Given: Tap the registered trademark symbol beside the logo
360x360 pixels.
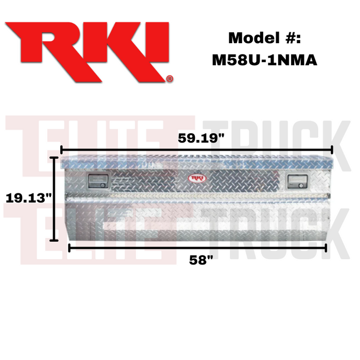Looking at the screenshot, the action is point(170,79).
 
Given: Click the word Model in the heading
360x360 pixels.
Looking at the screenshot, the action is point(254,38).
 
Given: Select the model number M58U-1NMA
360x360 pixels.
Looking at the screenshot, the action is point(264,60).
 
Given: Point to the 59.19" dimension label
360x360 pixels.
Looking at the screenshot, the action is point(201,138).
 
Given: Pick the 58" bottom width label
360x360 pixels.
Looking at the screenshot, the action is point(201,260).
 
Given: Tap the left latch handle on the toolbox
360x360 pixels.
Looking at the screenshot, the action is point(98,181).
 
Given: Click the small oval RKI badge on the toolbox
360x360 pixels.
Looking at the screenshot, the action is point(197,178).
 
